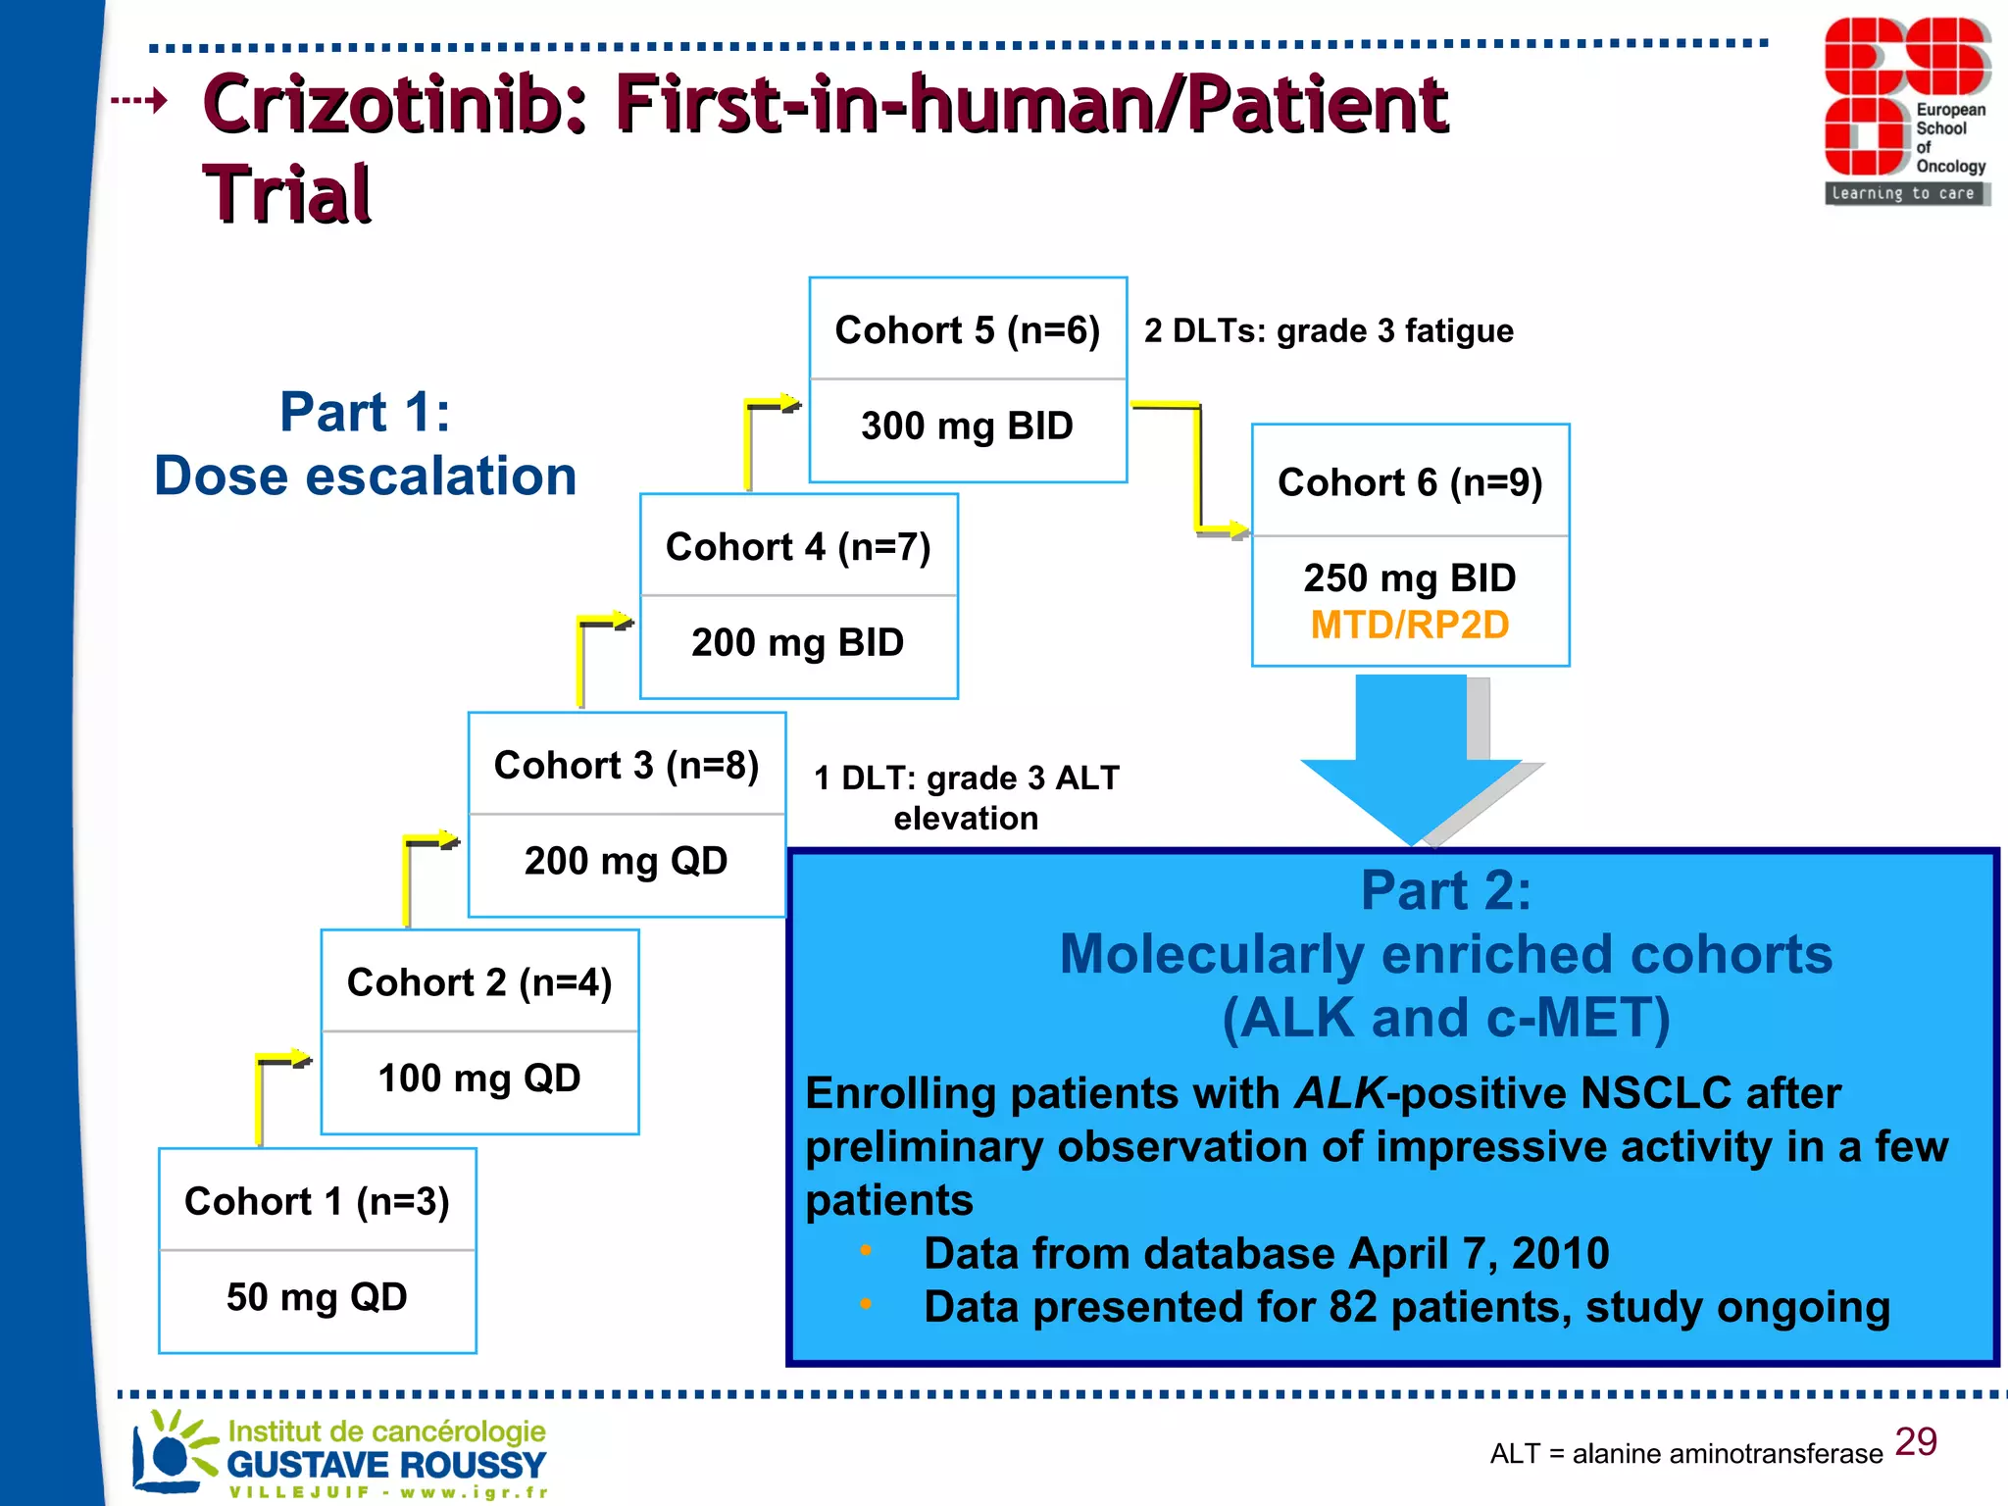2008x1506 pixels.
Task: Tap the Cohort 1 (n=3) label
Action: [317, 1201]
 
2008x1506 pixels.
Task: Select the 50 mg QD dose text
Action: [317, 1297]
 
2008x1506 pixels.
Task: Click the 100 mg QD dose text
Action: [479, 1079]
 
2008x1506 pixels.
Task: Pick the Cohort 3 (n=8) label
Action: [627, 766]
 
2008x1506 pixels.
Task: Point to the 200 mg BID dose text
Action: [797, 643]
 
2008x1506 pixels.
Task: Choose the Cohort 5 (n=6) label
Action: [967, 330]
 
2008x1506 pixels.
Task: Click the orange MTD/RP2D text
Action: [1410, 626]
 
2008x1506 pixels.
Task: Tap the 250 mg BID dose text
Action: [1410, 578]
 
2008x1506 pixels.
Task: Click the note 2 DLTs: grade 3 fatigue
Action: [1329, 331]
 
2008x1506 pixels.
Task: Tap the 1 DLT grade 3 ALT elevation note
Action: [966, 797]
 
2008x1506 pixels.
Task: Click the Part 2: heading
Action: [1445, 891]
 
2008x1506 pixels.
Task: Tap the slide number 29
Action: [1916, 1442]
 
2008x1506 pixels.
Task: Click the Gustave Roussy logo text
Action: [386, 1465]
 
